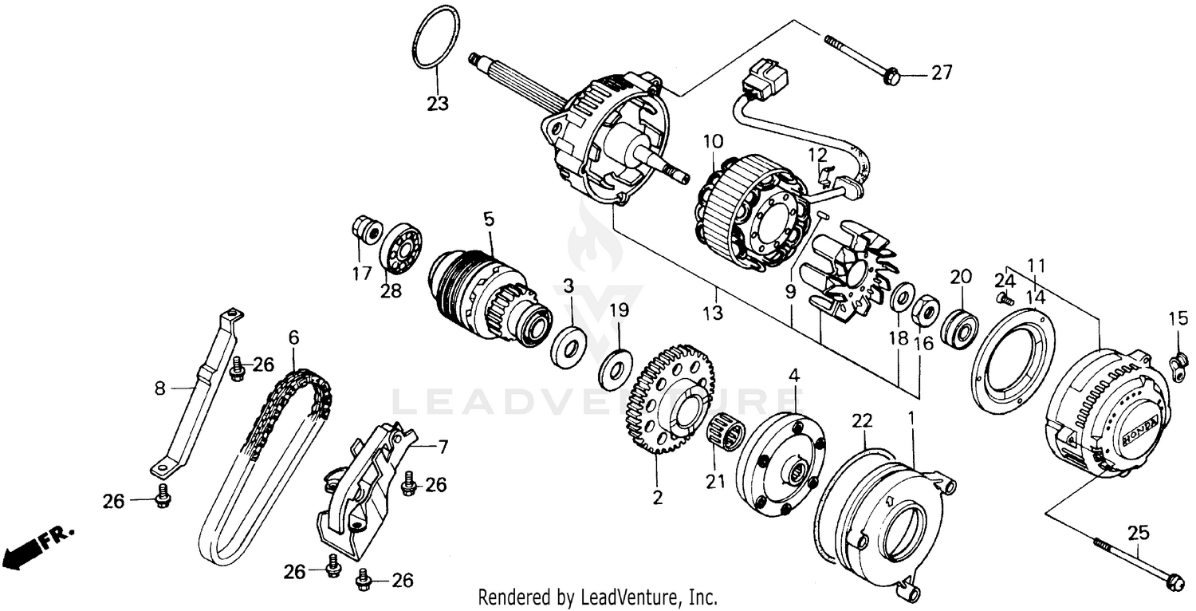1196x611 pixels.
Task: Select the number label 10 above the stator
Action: click(713, 142)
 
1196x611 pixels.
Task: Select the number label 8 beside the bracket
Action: click(159, 388)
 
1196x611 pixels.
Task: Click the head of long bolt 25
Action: click(1172, 581)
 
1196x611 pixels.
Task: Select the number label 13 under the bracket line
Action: click(713, 313)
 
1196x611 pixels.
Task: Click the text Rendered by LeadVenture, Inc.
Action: click(597, 597)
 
